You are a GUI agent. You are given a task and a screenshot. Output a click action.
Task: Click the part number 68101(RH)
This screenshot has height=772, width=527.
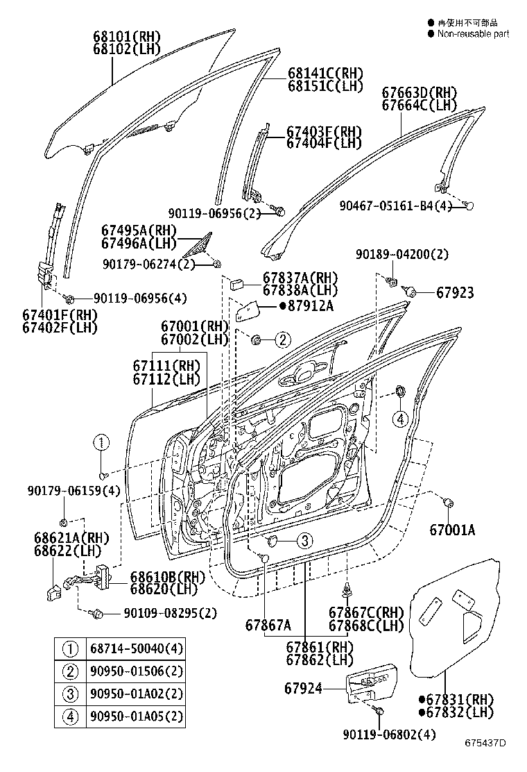pyautogui.click(x=126, y=36)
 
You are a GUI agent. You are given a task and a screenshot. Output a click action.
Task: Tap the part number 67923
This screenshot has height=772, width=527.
pyautogui.click(x=455, y=293)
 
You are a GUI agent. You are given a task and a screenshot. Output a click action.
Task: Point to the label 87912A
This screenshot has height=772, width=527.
pyautogui.click(x=308, y=306)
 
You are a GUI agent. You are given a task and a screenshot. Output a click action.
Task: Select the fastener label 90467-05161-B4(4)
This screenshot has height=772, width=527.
pyautogui.click(x=395, y=206)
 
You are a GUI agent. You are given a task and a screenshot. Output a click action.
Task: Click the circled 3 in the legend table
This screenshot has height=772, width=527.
pyautogui.click(x=71, y=694)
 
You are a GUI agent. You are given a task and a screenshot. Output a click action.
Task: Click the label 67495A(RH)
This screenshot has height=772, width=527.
pyautogui.click(x=139, y=230)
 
